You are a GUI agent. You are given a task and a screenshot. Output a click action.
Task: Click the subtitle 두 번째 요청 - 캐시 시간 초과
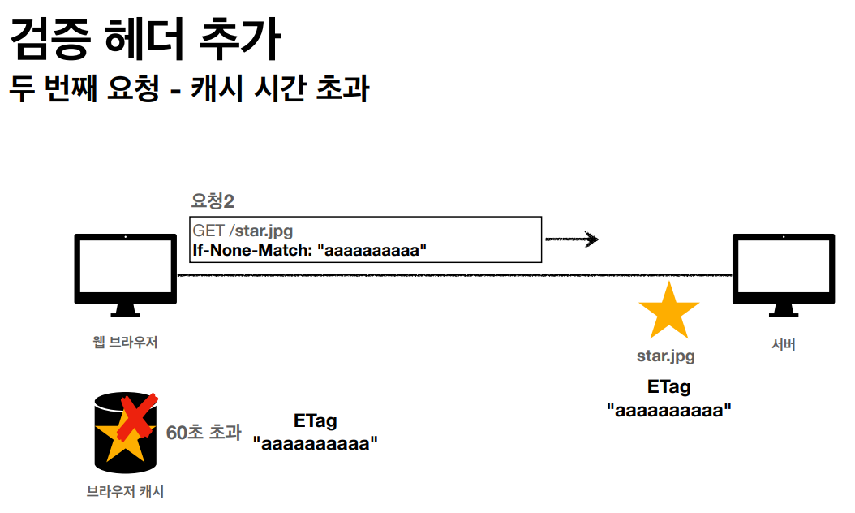(189, 89)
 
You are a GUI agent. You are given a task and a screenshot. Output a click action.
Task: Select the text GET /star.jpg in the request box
(243, 231)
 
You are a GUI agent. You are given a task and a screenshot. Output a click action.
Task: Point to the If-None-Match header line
(309, 250)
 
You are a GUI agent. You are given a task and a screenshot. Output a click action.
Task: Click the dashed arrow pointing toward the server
(571, 239)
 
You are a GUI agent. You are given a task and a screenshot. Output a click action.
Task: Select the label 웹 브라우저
(125, 343)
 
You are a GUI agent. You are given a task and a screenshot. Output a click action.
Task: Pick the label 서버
(783, 345)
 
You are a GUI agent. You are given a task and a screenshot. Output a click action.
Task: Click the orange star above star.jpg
(668, 312)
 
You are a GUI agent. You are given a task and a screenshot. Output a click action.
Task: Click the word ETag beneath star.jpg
(669, 387)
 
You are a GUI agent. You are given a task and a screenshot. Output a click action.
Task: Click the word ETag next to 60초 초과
(316, 421)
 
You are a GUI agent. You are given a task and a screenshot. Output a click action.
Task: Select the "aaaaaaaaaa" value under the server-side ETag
(669, 410)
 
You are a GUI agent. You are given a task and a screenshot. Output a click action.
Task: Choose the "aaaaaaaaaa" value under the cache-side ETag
(316, 444)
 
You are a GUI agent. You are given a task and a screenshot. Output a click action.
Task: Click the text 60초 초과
(204, 433)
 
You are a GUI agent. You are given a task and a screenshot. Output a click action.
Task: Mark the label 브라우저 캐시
(126, 491)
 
